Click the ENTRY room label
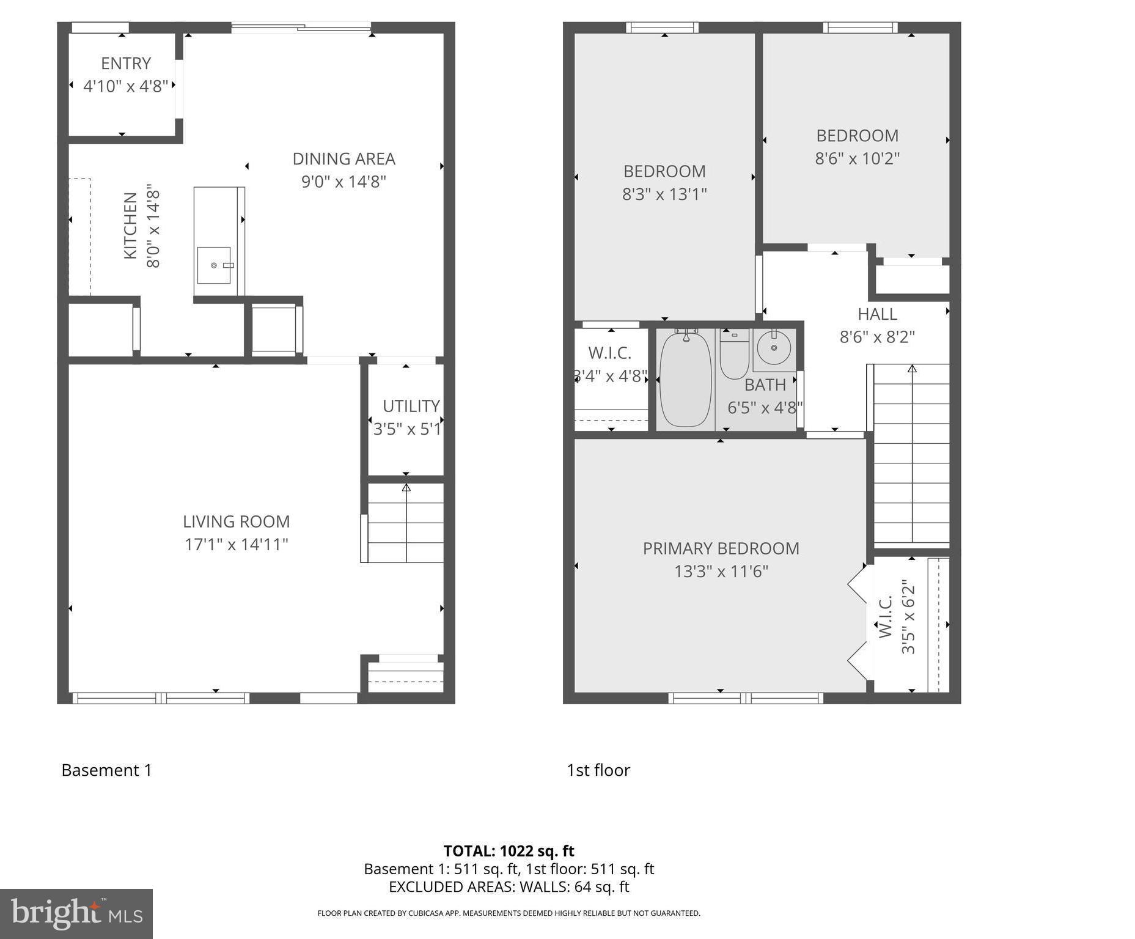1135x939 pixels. (126, 64)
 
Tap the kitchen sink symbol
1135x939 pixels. (214, 265)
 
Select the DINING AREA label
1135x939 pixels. (343, 159)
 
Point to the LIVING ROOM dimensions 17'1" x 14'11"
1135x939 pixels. (237, 544)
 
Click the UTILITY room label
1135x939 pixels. (411, 406)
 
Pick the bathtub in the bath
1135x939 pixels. (685, 379)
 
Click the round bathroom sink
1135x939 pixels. (774, 348)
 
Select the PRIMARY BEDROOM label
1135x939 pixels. (721, 548)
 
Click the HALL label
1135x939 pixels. (877, 314)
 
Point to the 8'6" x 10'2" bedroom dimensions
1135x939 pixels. (857, 159)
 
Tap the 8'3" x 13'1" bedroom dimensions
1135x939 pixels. (664, 194)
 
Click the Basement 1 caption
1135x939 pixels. (106, 770)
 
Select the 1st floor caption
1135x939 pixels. (598, 770)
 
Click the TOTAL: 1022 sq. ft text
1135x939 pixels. (509, 851)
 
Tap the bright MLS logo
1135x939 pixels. (76, 913)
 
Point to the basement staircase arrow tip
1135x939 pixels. (406, 487)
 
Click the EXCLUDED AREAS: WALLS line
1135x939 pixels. (509, 886)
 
